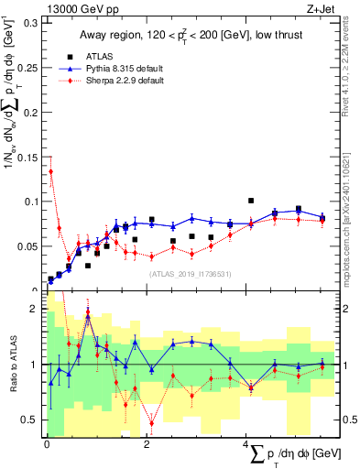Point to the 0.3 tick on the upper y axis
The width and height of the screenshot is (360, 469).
click(28, 23)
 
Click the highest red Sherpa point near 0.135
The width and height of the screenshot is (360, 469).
click(50, 171)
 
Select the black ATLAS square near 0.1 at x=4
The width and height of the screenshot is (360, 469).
click(251, 201)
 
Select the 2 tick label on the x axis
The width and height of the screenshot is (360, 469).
click(147, 444)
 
